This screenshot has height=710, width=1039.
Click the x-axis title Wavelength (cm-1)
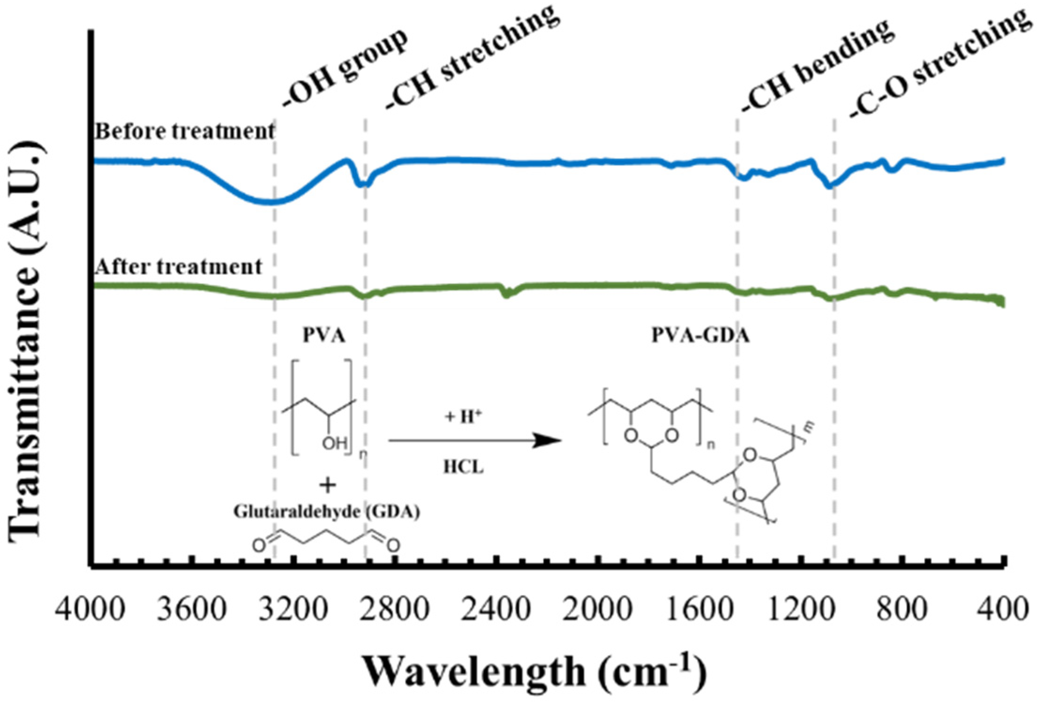pyautogui.click(x=535, y=672)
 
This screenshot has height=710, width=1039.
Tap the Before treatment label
pyautogui.click(x=184, y=131)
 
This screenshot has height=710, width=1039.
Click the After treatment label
pyautogui.click(x=178, y=267)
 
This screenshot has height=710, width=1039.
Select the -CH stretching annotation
pyautogui.click(x=472, y=59)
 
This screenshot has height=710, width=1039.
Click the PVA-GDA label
pyautogui.click(x=700, y=336)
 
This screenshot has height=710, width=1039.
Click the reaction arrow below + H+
pyautogui.click(x=474, y=440)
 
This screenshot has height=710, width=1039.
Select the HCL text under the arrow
pyautogui.click(x=463, y=467)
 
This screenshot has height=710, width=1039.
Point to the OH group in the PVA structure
pyautogui.click(x=335, y=443)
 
